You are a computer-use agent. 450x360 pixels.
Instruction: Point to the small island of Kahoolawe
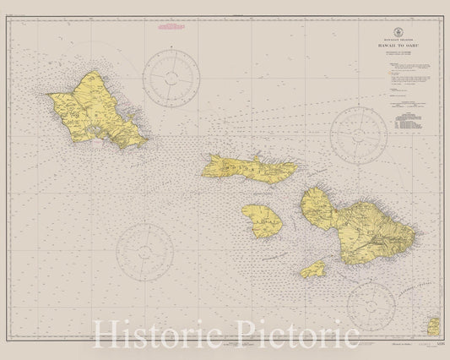pos(314,270)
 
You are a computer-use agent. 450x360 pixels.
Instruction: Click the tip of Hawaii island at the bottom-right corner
pos(435,325)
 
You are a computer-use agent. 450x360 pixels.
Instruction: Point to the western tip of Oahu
pos(51,97)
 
